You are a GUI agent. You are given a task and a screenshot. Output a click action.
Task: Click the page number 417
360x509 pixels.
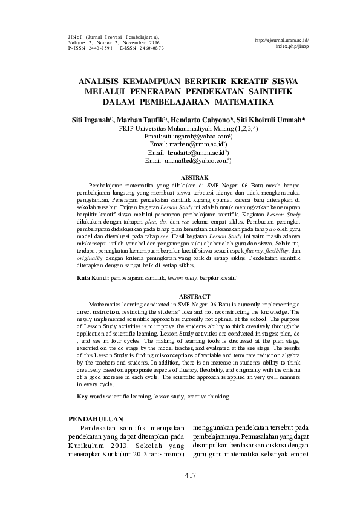191,475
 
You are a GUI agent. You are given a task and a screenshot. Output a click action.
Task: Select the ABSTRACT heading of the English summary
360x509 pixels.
191,296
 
